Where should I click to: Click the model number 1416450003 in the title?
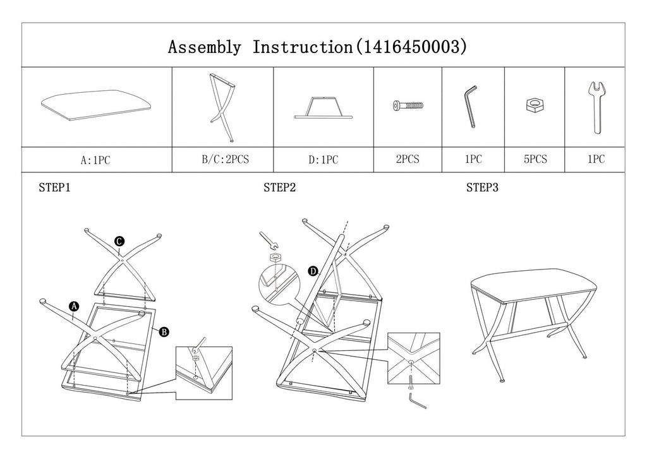(x=412, y=47)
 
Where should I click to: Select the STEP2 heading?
(x=280, y=187)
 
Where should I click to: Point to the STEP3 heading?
(x=483, y=187)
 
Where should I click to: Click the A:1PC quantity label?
(x=95, y=160)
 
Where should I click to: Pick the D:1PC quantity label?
(x=323, y=160)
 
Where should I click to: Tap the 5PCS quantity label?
(x=535, y=160)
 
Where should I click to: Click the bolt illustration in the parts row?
(x=408, y=105)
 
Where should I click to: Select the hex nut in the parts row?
(x=535, y=105)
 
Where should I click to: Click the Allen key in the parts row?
(x=471, y=108)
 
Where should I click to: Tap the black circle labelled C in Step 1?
(x=119, y=240)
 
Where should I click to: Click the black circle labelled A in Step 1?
(x=74, y=306)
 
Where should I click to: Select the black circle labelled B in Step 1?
(x=164, y=331)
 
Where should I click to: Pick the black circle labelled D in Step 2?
(x=312, y=271)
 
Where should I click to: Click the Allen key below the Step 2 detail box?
(x=417, y=401)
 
